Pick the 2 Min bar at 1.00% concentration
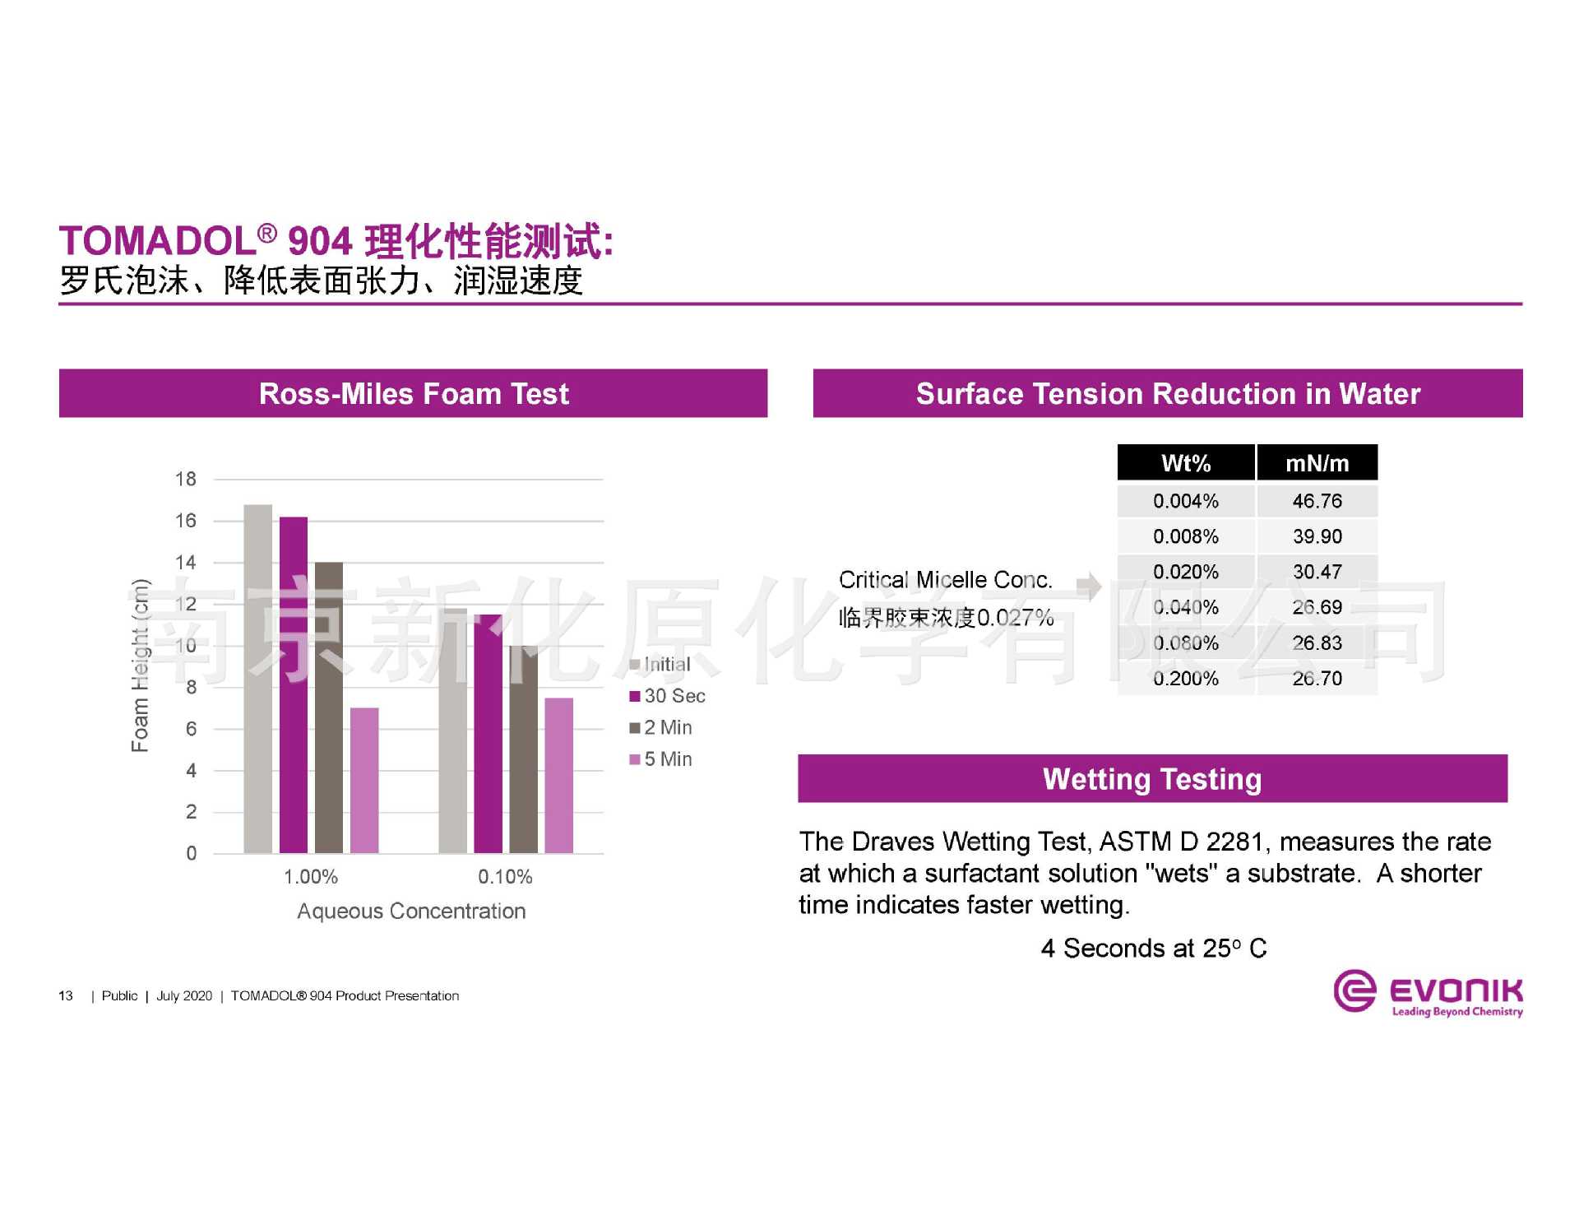(329, 707)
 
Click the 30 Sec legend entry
(667, 696)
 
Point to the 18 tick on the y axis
(186, 479)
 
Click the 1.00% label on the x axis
(311, 877)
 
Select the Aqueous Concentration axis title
(411, 912)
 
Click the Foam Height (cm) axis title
(141, 666)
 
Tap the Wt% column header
(1186, 463)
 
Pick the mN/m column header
(1317, 463)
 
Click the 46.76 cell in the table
(1317, 501)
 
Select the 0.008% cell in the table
(1186, 536)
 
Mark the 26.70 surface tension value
(1317, 679)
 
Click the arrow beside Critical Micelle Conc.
(1089, 586)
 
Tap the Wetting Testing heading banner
(1152, 779)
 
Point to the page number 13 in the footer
(66, 996)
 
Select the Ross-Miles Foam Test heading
(413, 394)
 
